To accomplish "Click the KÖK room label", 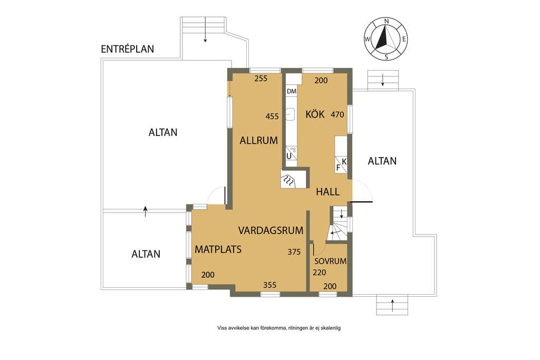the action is pyautogui.click(x=315, y=114).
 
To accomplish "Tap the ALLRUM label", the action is pyautogui.click(x=258, y=140).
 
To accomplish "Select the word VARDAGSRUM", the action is pyautogui.click(x=271, y=230).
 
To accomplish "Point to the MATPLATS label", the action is pyautogui.click(x=218, y=249).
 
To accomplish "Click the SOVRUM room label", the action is pyautogui.click(x=330, y=261).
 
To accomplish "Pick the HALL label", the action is pyautogui.click(x=328, y=192).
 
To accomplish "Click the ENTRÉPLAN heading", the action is pyautogui.click(x=128, y=49).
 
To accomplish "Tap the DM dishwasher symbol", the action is pyautogui.click(x=291, y=91).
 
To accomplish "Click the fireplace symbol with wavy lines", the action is pyautogui.click(x=288, y=180).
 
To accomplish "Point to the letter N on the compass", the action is pyautogui.click(x=387, y=21).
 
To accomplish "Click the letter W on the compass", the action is pyautogui.click(x=368, y=39).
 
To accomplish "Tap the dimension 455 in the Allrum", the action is pyautogui.click(x=272, y=116).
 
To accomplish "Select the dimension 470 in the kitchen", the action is pyautogui.click(x=337, y=114).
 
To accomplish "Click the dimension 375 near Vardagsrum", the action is pyautogui.click(x=294, y=252).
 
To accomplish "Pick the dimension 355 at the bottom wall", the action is pyautogui.click(x=269, y=285).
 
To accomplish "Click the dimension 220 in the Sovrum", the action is pyautogui.click(x=319, y=273).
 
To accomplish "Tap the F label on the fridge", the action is pyautogui.click(x=338, y=168).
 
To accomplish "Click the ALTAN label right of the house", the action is pyautogui.click(x=382, y=161).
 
